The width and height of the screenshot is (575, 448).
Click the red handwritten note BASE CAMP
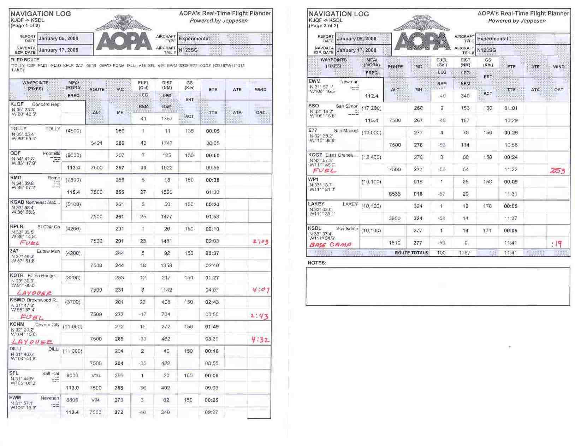330,244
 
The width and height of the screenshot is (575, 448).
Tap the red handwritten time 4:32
260,340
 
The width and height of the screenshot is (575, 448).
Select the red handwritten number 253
557,171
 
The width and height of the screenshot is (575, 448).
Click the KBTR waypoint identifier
17,275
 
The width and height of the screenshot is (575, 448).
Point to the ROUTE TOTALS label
411,253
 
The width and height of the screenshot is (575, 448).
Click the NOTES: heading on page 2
317,263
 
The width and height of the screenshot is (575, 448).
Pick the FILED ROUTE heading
25,60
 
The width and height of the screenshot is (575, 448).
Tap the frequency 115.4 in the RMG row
73,192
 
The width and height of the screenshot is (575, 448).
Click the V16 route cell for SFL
96,376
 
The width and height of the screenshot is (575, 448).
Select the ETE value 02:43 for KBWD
212,302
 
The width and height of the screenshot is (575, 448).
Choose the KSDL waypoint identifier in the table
315,228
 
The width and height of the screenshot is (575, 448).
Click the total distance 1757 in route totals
464,253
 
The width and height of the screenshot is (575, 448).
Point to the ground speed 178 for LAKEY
487,206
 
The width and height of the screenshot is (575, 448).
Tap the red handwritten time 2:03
260,242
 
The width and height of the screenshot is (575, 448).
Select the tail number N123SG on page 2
486,50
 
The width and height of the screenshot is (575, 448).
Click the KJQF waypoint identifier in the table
17,104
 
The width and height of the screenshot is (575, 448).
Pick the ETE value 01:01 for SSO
511,108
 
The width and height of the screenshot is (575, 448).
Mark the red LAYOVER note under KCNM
32,342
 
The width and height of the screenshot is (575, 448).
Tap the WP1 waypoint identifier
313,179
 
